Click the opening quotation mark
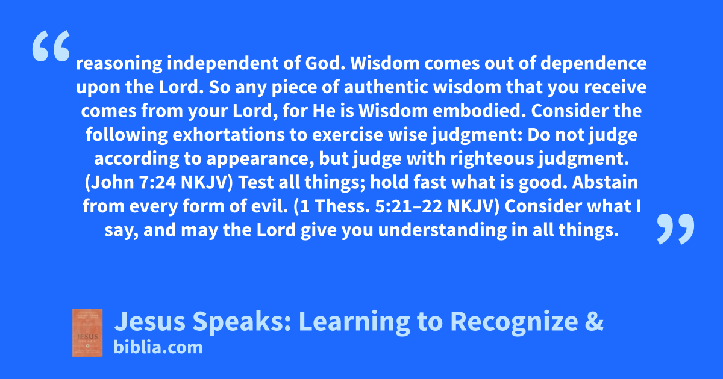point(51,46)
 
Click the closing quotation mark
point(675,229)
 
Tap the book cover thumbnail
point(87,333)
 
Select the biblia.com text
point(158,347)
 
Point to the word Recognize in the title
point(514,322)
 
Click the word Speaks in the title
point(242,322)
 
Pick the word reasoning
point(119,64)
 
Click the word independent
point(222,64)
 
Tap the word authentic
point(386,87)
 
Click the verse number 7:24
point(157,182)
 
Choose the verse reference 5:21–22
point(408,206)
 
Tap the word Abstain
point(605,182)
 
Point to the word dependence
point(593,64)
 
